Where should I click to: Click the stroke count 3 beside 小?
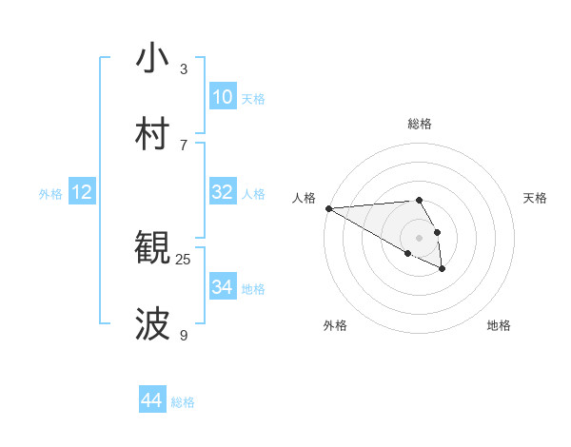pyautogui.click(x=184, y=69)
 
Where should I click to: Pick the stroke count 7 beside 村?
pyautogui.click(x=184, y=145)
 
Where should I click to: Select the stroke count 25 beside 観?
pyautogui.click(x=184, y=259)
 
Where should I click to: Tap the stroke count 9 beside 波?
pyautogui.click(x=184, y=335)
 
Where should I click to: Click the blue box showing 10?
pyautogui.click(x=223, y=97)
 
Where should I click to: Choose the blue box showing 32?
pyautogui.click(x=223, y=192)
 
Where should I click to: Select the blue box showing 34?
pyautogui.click(x=223, y=287)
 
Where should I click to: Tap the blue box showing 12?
pyautogui.click(x=82, y=193)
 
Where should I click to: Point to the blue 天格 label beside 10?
pyautogui.click(x=253, y=99)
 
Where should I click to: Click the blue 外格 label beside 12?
pyautogui.click(x=50, y=194)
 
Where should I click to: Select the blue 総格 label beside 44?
pyautogui.click(x=183, y=402)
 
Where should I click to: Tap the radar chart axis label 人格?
pyautogui.click(x=304, y=198)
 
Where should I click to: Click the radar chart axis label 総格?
pyautogui.click(x=420, y=124)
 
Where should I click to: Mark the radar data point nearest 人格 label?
pyautogui.click(x=327, y=208)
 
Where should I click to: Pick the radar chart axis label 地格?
pyautogui.click(x=499, y=325)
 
